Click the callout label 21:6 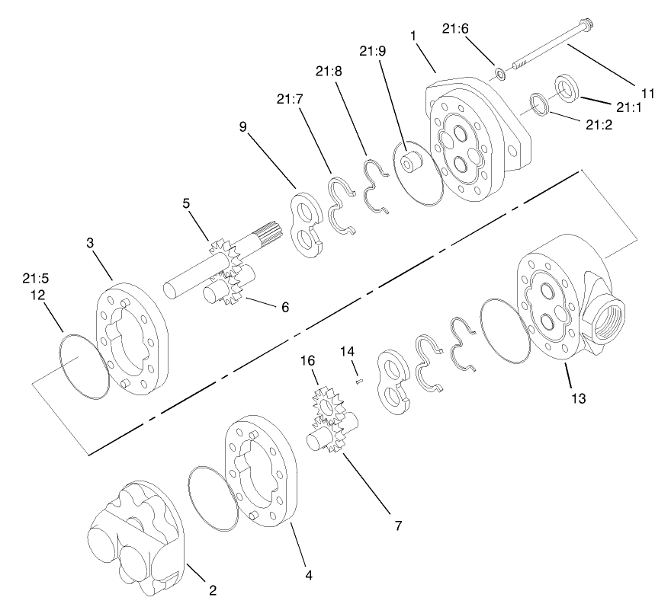pos(455,29)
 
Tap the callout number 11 pos(647,94)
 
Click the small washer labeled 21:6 pos(499,74)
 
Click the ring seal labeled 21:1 pos(566,85)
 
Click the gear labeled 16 pos(326,404)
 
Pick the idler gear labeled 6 pos(230,286)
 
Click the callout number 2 pos(213,589)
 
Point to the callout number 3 pos(90,243)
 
